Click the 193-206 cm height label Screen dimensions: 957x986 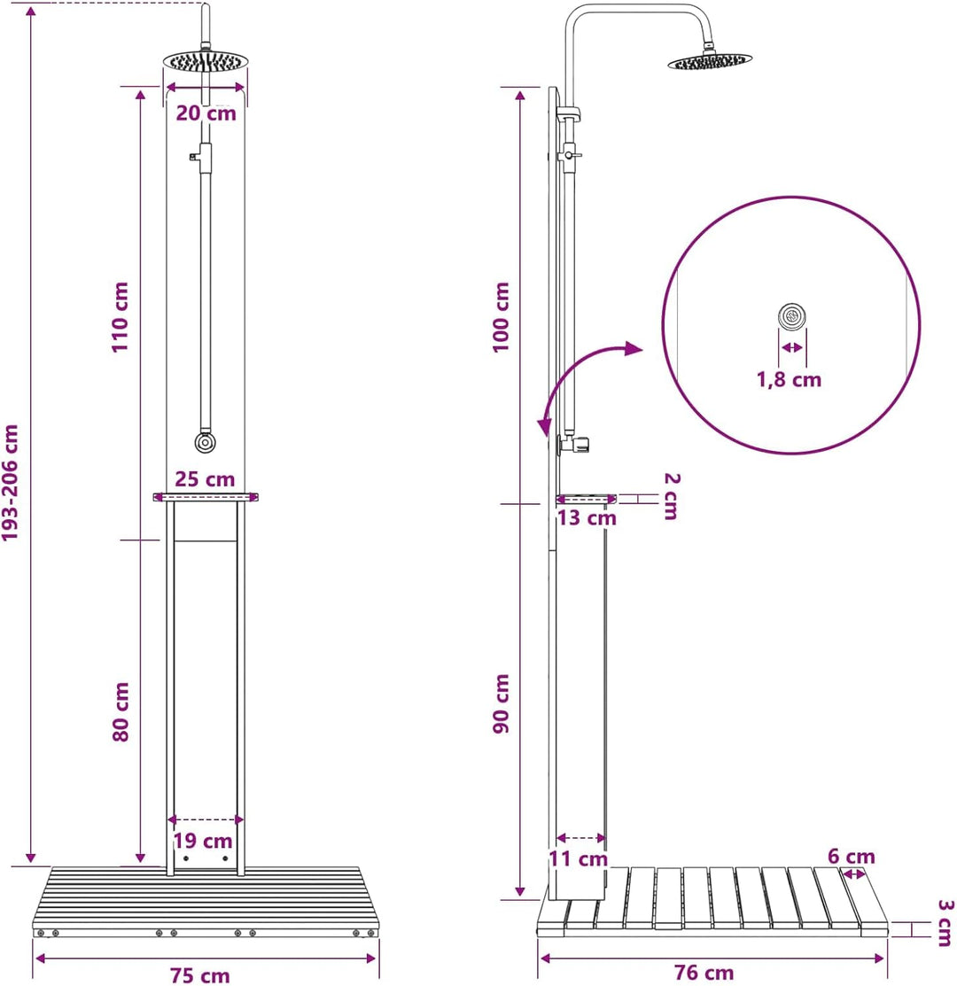10,482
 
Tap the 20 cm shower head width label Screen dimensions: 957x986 206,113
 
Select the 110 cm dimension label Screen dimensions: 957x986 120,317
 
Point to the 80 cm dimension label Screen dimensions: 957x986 121,712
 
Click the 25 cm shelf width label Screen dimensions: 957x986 205,479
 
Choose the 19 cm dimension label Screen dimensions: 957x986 202,841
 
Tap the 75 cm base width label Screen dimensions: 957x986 200,975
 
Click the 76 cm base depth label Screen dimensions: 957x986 704,973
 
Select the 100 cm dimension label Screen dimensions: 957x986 501,317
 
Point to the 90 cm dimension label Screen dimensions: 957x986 502,703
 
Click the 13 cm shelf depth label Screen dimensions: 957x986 587,518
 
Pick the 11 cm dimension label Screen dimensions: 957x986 578,859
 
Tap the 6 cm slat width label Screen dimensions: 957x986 852,857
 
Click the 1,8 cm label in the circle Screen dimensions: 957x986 789,380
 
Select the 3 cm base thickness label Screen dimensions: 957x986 945,923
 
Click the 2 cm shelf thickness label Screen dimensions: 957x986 672,496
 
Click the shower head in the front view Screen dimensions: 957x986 206,61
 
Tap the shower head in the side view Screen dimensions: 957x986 710,61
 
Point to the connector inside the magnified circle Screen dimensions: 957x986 792,316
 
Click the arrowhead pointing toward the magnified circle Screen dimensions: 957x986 634,349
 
